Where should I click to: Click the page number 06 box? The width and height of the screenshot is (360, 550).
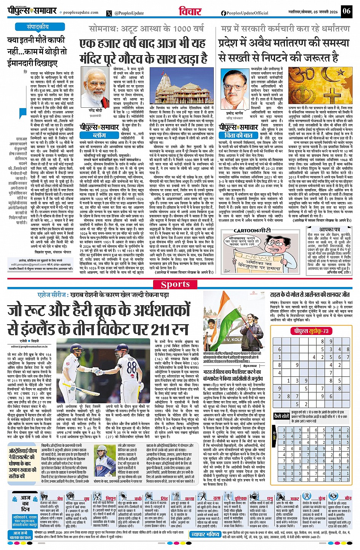click(346, 11)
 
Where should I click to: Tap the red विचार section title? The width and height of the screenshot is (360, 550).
click(190, 11)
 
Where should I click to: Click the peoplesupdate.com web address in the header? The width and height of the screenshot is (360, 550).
click(81, 13)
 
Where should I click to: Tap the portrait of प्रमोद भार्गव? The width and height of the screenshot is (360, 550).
click(235, 89)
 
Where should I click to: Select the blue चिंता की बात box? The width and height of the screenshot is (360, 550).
click(238, 135)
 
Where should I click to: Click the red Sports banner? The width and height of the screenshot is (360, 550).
click(175, 284)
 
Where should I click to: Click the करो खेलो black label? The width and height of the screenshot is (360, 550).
click(282, 416)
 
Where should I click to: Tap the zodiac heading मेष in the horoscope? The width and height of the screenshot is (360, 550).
click(60, 498)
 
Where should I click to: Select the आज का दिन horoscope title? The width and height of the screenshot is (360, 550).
click(25, 503)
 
